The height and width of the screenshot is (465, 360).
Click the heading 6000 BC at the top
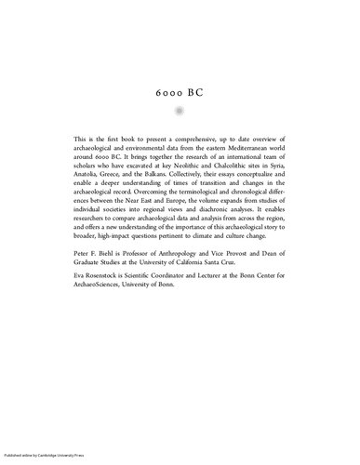[180, 96]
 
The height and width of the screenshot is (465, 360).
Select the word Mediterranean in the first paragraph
[237, 151]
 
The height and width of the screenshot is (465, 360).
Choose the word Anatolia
[88, 184]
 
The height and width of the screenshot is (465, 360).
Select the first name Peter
[83, 292]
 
